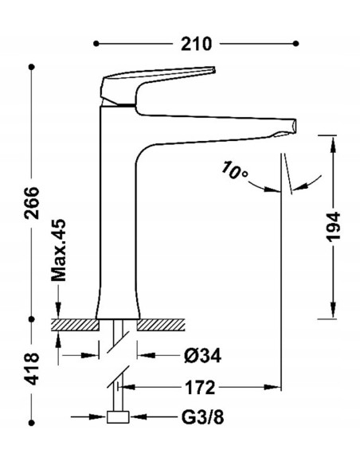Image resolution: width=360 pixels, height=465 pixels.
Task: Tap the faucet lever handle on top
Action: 159,78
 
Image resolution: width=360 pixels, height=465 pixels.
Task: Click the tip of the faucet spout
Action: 292,126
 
